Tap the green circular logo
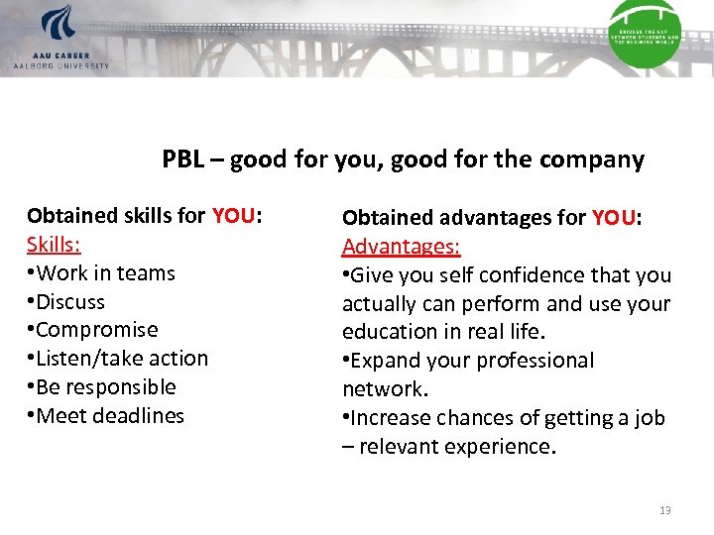645,34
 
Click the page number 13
664,510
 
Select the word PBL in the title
183,160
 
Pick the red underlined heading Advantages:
402,246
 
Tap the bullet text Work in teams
105,272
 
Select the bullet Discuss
69,301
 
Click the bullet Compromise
96,330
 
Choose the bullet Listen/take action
122,359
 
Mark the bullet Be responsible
105,387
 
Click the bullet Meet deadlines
109,416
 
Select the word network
379,389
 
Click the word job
650,418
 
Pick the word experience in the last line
503,447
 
